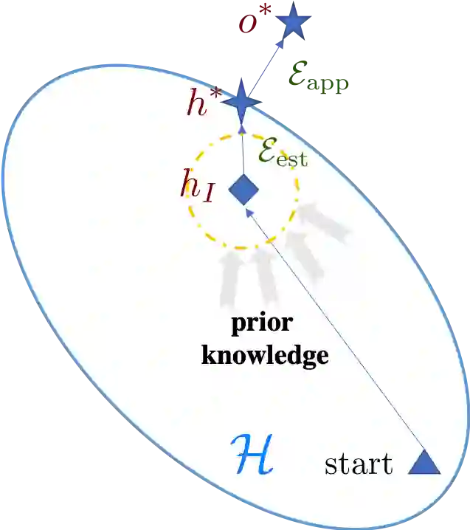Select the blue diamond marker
[x=243, y=190]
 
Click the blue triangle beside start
[x=424, y=463]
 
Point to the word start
[x=359, y=464]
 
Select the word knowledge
[x=264, y=356]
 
